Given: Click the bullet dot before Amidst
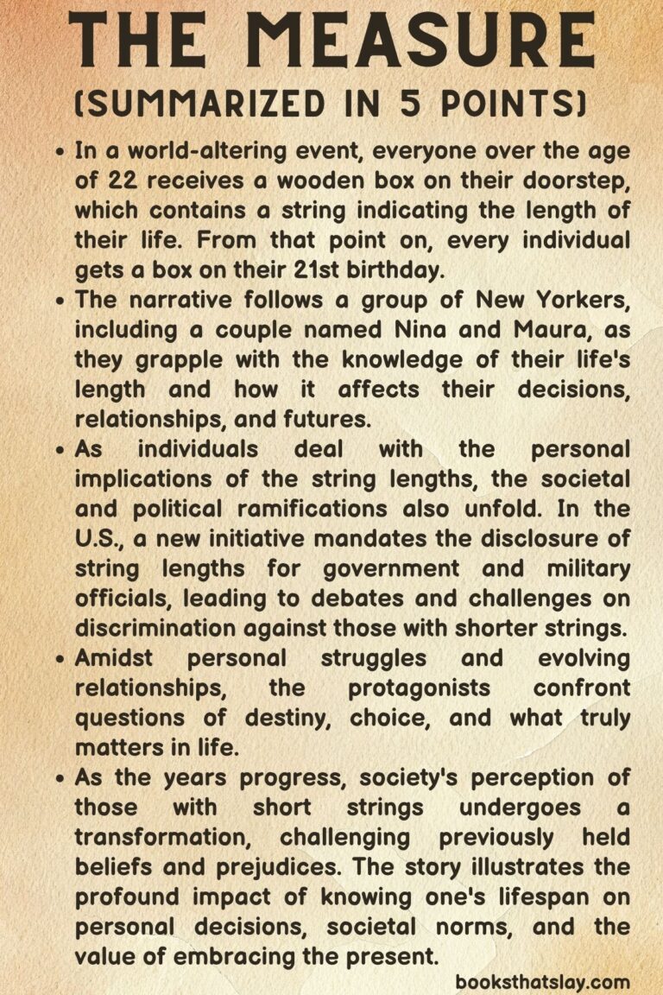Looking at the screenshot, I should pyautogui.click(x=60, y=658).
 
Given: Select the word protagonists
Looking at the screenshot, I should pyautogui.click(x=420, y=688).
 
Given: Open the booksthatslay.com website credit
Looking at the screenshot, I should pyautogui.click(x=542, y=981).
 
